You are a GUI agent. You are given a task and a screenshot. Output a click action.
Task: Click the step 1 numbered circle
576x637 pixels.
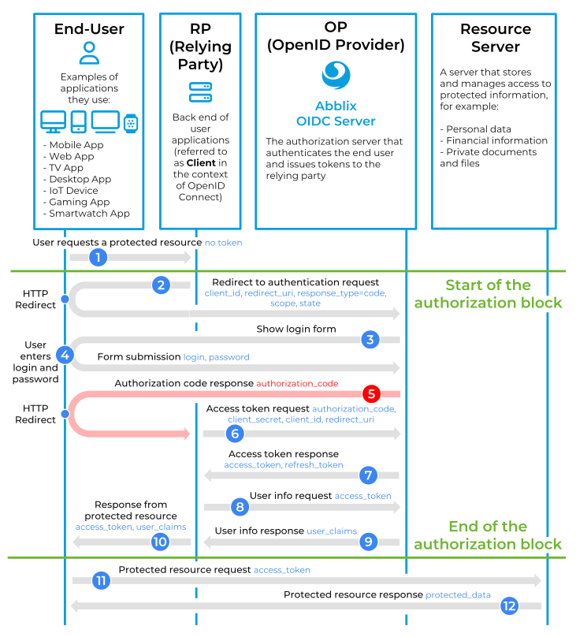tap(98, 257)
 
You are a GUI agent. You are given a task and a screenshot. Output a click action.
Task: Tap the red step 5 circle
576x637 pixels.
tap(370, 393)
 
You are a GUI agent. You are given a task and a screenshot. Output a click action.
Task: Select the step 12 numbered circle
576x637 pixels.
tap(509, 605)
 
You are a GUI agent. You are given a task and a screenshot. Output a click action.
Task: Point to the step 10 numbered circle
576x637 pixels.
tap(160, 542)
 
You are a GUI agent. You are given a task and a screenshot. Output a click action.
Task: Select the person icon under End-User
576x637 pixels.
tap(89, 53)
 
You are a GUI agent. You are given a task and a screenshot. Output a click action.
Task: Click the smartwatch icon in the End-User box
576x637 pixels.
tap(131, 122)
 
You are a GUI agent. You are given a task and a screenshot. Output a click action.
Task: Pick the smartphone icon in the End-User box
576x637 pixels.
tap(79, 121)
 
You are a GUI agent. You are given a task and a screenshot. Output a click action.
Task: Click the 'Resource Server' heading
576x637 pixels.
tap(496, 38)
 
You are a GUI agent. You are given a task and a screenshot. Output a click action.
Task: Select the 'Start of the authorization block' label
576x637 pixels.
tap(488, 294)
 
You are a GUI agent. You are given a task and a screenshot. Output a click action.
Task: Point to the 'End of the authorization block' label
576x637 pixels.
tap(488, 535)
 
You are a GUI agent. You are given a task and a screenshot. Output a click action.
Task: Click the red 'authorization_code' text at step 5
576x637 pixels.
tap(297, 383)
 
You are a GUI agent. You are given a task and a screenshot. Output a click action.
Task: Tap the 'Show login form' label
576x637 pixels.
tap(295, 329)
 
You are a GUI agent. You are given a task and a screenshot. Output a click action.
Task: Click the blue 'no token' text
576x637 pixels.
tap(223, 243)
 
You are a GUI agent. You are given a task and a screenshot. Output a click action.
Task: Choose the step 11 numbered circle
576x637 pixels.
tap(100, 581)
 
